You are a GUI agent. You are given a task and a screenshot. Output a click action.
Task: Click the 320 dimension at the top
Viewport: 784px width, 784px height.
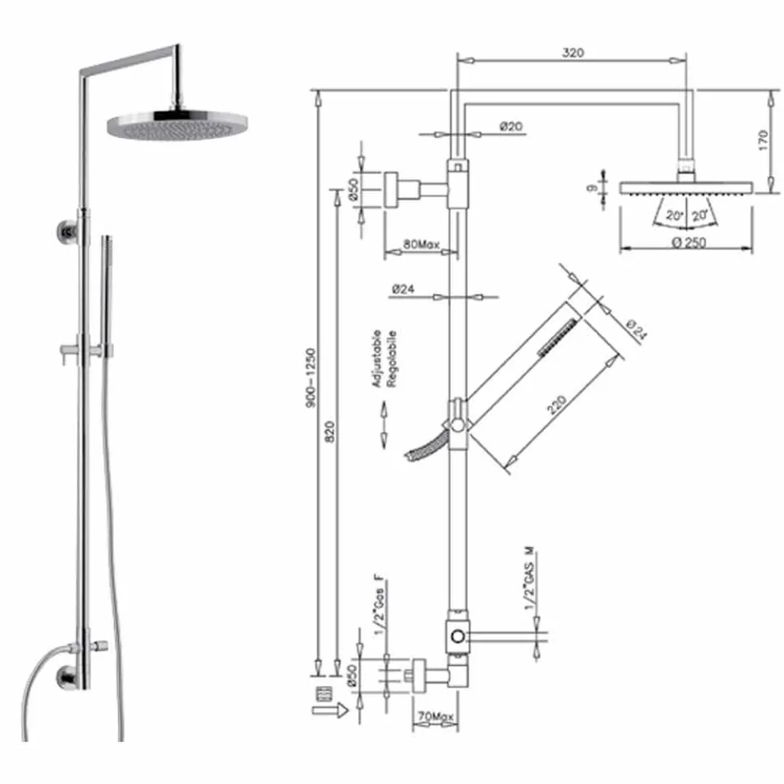click(x=573, y=52)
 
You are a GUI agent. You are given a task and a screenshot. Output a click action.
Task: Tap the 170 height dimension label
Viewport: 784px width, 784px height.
click(x=763, y=140)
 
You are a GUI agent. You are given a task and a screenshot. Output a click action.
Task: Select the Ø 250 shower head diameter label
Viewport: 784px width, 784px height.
click(x=689, y=242)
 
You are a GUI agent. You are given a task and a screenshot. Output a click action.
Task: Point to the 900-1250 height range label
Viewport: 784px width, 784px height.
click(x=310, y=378)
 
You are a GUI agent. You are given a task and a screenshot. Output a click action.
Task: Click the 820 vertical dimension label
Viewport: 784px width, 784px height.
click(x=329, y=431)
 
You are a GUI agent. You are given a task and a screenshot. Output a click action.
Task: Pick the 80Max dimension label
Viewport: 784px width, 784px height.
click(x=421, y=245)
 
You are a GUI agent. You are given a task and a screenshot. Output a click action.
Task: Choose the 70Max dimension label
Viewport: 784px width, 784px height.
click(x=436, y=717)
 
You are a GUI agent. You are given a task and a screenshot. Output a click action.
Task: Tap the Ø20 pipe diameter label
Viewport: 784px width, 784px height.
click(x=511, y=126)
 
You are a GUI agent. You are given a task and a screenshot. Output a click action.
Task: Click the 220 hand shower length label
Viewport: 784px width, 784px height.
click(x=557, y=405)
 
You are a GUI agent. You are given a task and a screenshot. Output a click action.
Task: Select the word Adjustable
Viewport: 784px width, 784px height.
click(x=377, y=359)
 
